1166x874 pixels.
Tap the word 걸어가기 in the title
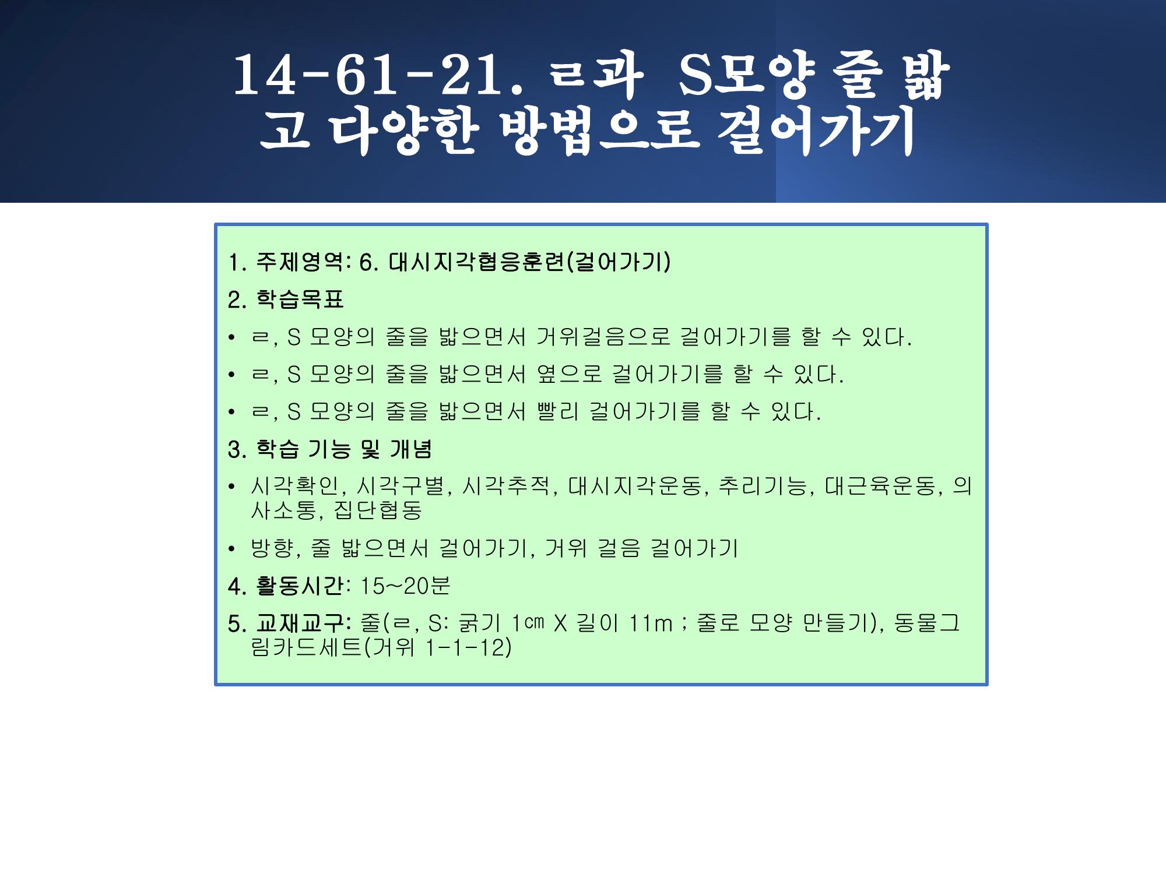click(815, 132)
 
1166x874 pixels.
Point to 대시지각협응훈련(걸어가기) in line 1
click(530, 262)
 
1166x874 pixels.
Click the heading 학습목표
click(300, 299)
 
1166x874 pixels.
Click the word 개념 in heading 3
click(411, 449)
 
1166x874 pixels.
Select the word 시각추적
click(507, 486)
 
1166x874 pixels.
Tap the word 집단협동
click(378, 510)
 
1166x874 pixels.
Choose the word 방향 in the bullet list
click(273, 548)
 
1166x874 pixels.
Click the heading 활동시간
click(299, 586)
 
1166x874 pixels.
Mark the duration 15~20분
click(405, 586)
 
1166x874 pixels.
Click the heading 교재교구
click(299, 623)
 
